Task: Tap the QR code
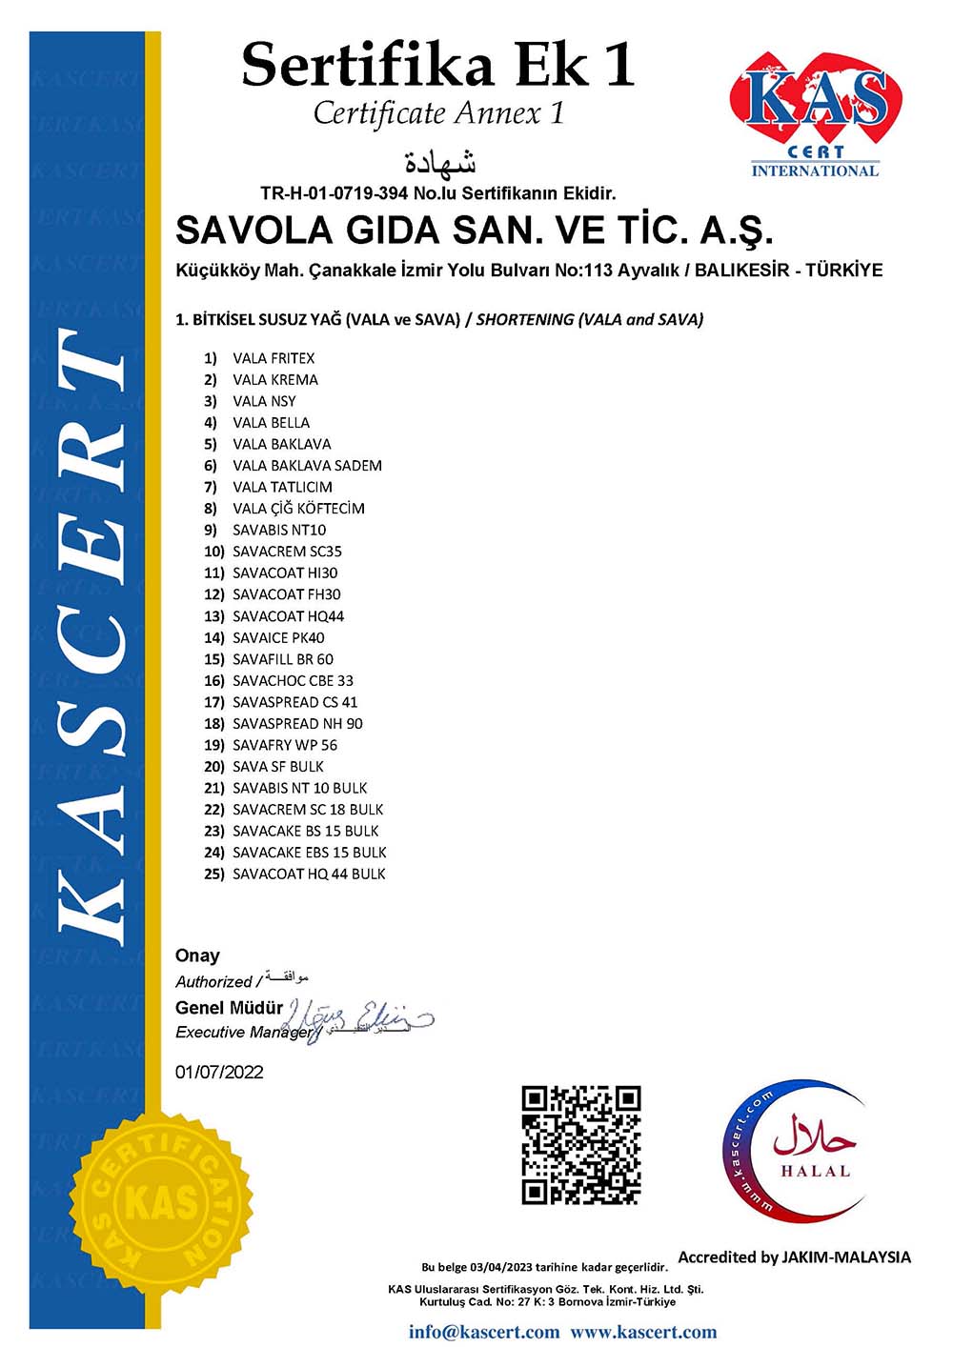[x=580, y=1144]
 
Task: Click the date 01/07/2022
[x=219, y=1072]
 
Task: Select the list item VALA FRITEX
[x=274, y=358]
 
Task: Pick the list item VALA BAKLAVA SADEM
[x=307, y=466]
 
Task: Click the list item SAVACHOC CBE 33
[x=293, y=680]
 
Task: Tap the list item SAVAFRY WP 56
[x=285, y=745]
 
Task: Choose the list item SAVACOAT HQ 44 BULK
[x=309, y=874]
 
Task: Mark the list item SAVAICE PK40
[x=278, y=637]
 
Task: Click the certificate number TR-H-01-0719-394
[x=334, y=193]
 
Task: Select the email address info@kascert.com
[x=484, y=1332]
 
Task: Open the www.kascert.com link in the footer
[x=643, y=1332]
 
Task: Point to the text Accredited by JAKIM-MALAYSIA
[x=794, y=1257]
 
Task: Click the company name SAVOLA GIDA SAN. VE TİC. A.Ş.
[x=475, y=231]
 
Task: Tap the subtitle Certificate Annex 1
[x=438, y=113]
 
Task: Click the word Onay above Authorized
[x=197, y=955]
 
